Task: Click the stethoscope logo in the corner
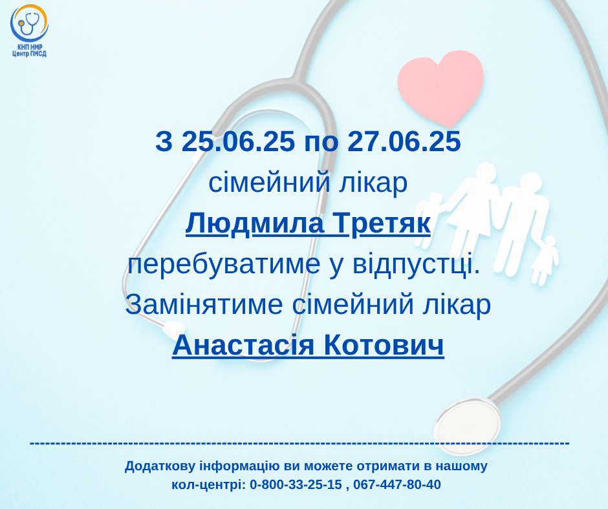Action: click(29, 23)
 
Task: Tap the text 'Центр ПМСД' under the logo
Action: click(29, 54)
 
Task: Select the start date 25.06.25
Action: click(238, 141)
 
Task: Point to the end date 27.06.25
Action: click(404, 141)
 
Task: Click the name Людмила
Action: click(255, 224)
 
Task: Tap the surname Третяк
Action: click(382, 224)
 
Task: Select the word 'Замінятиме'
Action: click(204, 305)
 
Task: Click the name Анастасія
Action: click(243, 345)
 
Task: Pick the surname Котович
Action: click(384, 345)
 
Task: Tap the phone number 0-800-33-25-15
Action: click(296, 484)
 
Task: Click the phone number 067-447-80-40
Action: click(397, 484)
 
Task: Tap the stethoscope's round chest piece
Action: click(466, 426)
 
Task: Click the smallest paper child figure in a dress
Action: click(545, 261)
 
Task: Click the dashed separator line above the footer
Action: click(299, 442)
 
